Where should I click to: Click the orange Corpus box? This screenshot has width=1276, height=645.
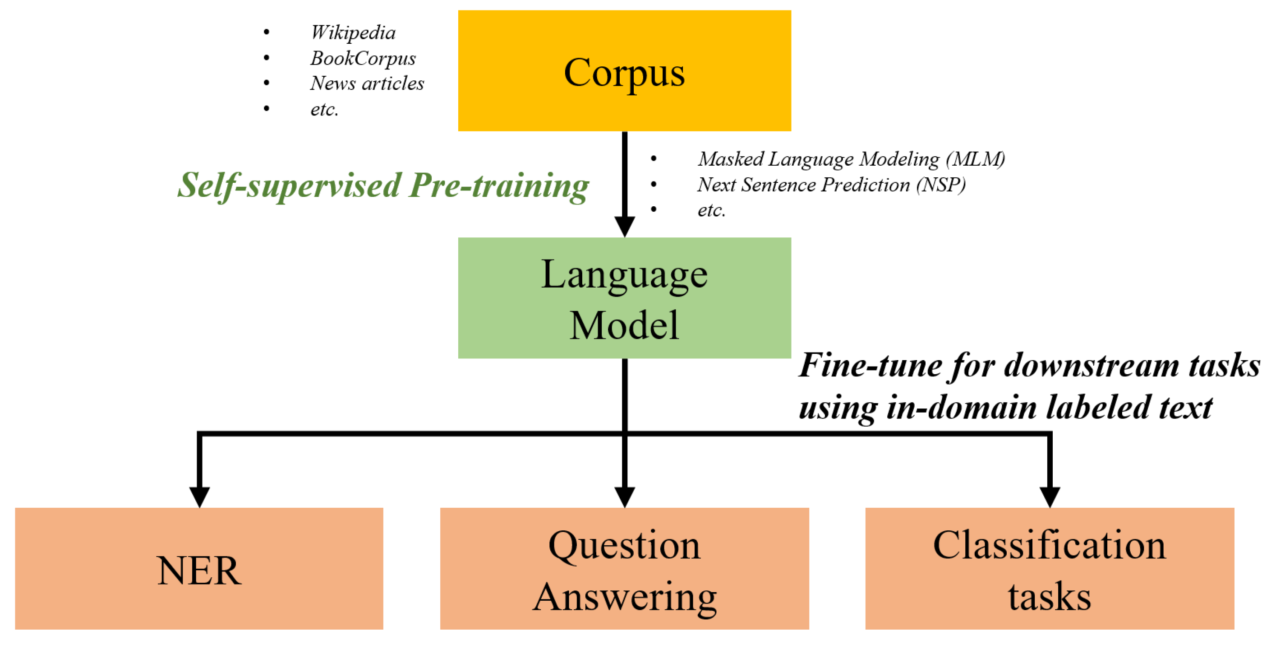pyautogui.click(x=624, y=71)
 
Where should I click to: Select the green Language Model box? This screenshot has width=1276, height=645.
pyautogui.click(x=624, y=298)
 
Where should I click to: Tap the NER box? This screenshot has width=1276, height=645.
pyautogui.click(x=198, y=569)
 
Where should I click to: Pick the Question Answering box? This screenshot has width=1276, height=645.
pyautogui.click(x=624, y=569)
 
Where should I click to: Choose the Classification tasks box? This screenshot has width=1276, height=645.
pyautogui.click(x=1049, y=569)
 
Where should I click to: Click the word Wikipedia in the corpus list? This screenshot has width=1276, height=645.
pyautogui.click(x=353, y=32)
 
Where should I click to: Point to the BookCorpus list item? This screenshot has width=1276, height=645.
pyautogui.click(x=363, y=58)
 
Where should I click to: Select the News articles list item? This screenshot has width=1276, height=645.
pyautogui.click(x=367, y=84)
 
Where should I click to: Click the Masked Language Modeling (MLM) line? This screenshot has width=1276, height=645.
pyautogui.click(x=851, y=159)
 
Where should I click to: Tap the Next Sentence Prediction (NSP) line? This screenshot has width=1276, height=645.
pyautogui.click(x=831, y=185)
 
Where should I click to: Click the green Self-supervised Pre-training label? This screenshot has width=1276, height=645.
pyautogui.click(x=383, y=186)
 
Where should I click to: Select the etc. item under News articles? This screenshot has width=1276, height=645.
pyautogui.click(x=324, y=110)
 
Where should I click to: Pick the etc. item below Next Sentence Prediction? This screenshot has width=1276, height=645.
pyautogui.click(x=711, y=211)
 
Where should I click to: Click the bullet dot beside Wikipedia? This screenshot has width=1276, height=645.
pyautogui.click(x=267, y=32)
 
